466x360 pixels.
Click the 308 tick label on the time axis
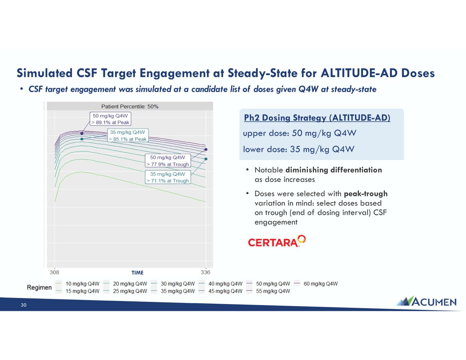pyautogui.click(x=54, y=272)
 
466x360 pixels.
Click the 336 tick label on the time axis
pyautogui.click(x=206, y=272)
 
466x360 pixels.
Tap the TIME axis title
pyautogui.click(x=137, y=273)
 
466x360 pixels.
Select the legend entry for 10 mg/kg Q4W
pyautogui.click(x=77, y=284)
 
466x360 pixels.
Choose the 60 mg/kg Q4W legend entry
pyautogui.click(x=315, y=284)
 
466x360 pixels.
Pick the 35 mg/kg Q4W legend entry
pyautogui.click(x=173, y=291)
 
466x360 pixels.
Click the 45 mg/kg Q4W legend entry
pyautogui.click(x=220, y=291)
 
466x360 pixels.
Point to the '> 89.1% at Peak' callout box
pyautogui.click(x=110, y=119)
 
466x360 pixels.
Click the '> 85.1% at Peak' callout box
pyautogui.click(x=128, y=135)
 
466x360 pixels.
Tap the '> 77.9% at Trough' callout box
pyautogui.click(x=168, y=161)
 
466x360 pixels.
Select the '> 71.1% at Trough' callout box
pyautogui.click(x=168, y=177)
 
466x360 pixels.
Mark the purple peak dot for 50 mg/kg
pyautogui.click(x=82, y=133)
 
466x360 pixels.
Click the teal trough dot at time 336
pyautogui.click(x=206, y=159)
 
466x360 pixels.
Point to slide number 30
pyautogui.click(x=24, y=305)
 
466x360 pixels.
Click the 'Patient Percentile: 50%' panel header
pyautogui.click(x=130, y=106)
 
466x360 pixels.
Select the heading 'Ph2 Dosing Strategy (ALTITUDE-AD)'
pyautogui.click(x=317, y=118)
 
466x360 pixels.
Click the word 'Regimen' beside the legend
pyautogui.click(x=39, y=288)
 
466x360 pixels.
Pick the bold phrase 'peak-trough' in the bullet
pyautogui.click(x=366, y=194)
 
